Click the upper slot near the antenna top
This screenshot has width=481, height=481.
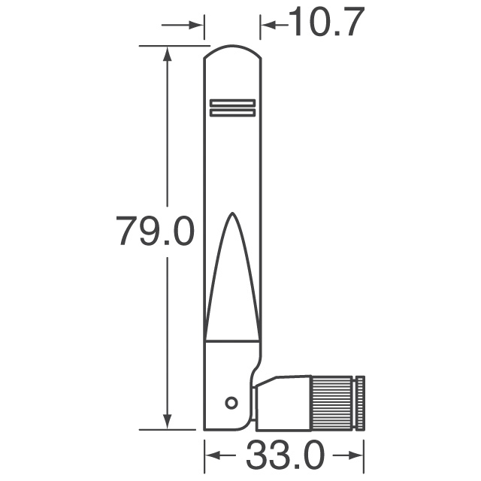[233, 102]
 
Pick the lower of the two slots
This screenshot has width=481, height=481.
[233, 113]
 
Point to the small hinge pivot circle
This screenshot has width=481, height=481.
[232, 402]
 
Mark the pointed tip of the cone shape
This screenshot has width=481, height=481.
[232, 213]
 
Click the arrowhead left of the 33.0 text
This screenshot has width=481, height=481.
[213, 455]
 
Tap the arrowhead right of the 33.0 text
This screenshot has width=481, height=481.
[357, 455]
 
